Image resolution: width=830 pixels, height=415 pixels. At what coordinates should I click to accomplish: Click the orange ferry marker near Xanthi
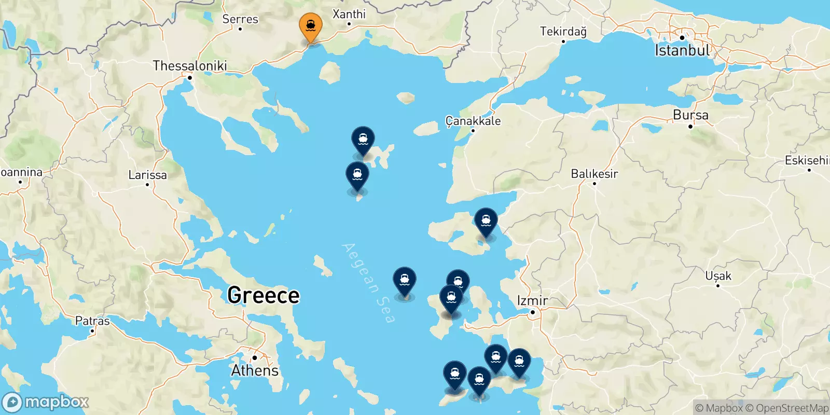click(x=311, y=26)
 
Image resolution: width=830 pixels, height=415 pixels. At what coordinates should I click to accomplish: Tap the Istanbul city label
click(x=682, y=50)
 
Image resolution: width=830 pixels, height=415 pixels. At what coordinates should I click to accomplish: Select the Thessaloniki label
click(x=190, y=66)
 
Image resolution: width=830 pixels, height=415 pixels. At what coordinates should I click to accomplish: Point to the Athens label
click(x=255, y=370)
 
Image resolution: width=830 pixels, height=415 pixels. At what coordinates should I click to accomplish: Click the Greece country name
click(x=264, y=295)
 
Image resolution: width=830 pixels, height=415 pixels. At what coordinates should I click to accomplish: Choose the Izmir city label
click(x=532, y=300)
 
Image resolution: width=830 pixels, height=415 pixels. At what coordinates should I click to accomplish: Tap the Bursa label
click(x=690, y=115)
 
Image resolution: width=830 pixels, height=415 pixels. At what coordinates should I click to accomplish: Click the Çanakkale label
click(x=473, y=121)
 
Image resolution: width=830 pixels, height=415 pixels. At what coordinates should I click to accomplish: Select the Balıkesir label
click(x=594, y=174)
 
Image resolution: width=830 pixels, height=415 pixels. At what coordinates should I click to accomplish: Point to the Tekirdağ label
click(x=563, y=32)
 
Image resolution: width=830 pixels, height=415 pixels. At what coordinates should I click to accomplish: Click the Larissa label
click(x=147, y=175)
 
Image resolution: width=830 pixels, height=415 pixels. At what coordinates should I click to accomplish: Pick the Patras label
click(x=92, y=321)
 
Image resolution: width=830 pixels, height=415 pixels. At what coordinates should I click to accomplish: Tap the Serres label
click(x=240, y=19)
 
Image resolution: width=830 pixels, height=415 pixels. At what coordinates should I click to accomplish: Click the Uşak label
click(x=718, y=276)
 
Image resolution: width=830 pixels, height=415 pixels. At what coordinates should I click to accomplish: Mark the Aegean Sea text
click(x=369, y=283)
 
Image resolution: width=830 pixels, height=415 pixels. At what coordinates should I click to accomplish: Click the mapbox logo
click(x=46, y=402)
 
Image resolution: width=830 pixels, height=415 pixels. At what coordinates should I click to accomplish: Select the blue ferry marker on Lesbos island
click(x=486, y=222)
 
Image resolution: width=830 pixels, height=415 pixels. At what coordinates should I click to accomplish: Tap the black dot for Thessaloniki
click(x=190, y=78)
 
